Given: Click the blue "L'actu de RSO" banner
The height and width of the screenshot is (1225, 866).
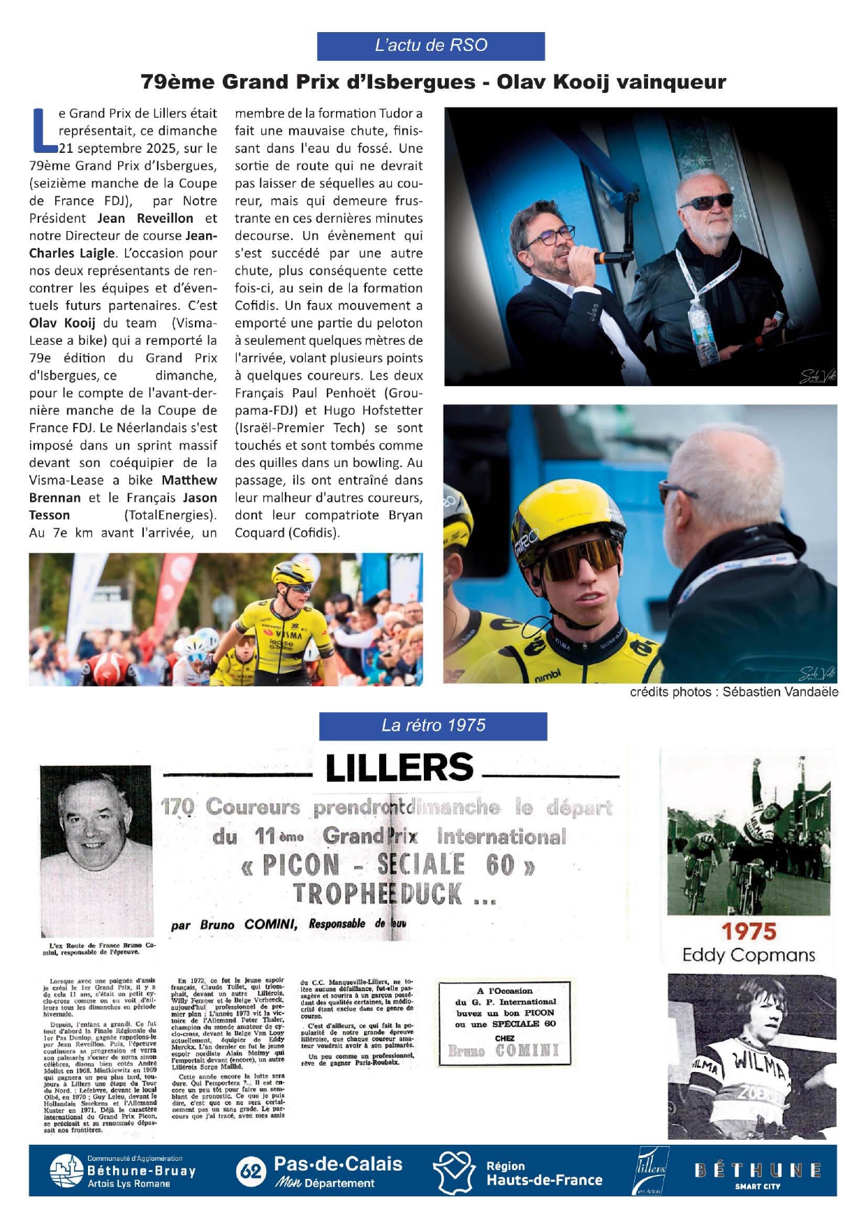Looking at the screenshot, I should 431,46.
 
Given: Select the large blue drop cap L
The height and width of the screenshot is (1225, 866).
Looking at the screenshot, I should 43,131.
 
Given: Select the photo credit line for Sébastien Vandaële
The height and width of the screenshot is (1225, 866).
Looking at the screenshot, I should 734,692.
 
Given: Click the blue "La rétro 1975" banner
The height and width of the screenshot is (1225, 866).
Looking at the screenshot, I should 433,726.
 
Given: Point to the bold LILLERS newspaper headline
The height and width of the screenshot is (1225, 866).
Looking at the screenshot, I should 399,768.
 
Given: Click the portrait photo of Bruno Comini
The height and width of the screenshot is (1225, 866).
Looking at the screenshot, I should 96,849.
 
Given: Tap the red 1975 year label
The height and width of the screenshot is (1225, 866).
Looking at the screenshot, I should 749,931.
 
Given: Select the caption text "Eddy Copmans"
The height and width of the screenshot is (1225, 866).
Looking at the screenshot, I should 749,955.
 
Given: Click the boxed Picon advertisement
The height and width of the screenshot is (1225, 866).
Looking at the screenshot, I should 504,1023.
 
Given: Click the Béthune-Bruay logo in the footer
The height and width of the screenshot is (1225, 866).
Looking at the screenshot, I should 123,1171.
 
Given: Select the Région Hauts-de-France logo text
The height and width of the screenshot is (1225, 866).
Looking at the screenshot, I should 543,1173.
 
